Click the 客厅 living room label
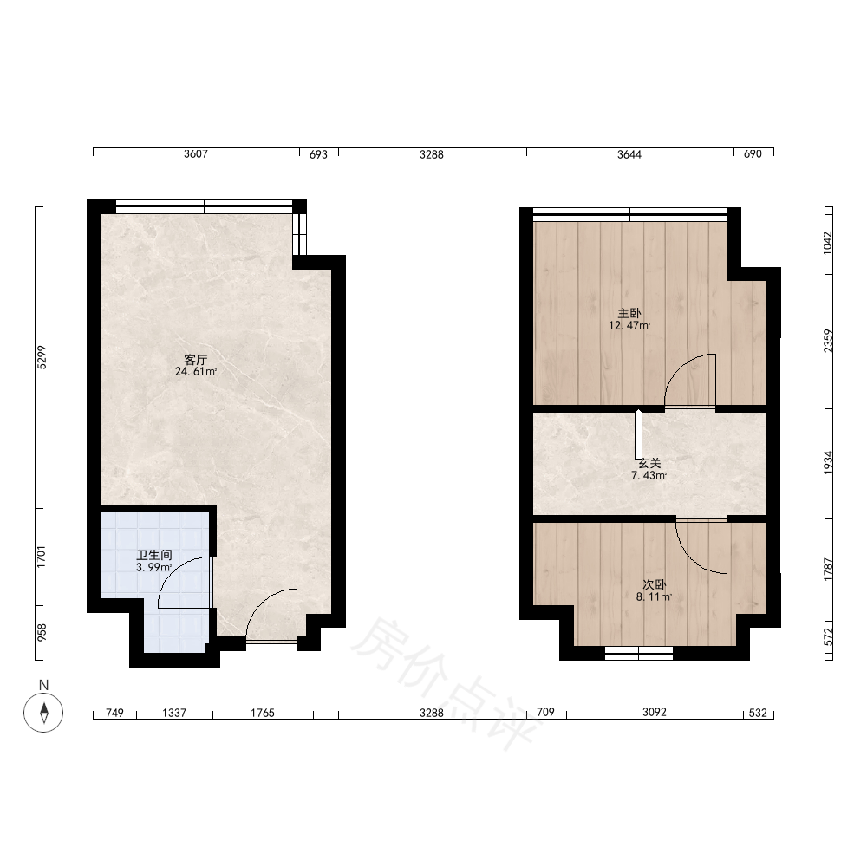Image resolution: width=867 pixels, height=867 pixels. (x=196, y=360)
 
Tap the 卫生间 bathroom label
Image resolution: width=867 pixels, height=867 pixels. (x=154, y=555)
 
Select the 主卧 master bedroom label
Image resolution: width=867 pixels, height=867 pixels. (x=629, y=314)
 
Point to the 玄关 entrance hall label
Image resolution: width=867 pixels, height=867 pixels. (x=649, y=463)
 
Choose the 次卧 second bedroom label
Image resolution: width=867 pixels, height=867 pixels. (x=654, y=585)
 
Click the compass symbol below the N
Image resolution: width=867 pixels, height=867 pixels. (x=43, y=712)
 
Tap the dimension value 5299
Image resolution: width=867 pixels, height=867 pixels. (x=42, y=357)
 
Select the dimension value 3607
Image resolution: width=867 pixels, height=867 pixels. (x=196, y=153)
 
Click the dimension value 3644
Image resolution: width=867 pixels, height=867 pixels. (x=629, y=154)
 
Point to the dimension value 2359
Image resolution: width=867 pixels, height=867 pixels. (x=828, y=341)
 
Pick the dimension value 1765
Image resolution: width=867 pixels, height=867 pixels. (x=262, y=713)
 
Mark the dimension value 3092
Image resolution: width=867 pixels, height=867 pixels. (x=654, y=712)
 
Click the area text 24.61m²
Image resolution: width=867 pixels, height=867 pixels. (x=196, y=372)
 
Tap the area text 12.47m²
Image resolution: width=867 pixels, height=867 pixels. (x=629, y=326)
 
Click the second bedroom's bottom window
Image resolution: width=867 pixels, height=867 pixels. (x=639, y=653)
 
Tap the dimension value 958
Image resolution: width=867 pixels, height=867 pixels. (x=42, y=633)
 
